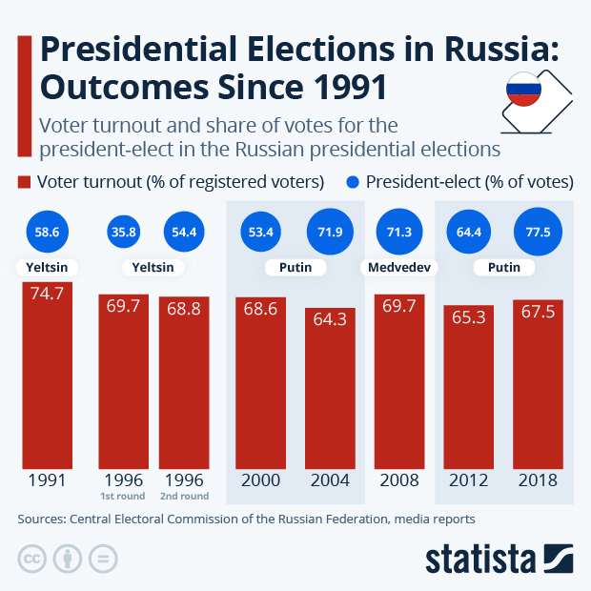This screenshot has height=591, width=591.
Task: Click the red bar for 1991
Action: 47,374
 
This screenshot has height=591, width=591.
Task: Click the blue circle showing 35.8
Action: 123,230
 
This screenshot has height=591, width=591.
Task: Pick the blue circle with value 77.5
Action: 538,230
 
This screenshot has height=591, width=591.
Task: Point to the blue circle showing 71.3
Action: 399,230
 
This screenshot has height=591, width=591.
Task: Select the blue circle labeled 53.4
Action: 259,230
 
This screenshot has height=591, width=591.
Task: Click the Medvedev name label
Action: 399,268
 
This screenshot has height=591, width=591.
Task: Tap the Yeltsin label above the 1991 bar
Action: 47,268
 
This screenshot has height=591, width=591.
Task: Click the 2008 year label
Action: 399,479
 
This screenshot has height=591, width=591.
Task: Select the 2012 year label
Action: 468,479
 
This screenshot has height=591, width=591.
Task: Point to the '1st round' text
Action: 123,496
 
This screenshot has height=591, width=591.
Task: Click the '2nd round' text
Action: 183,496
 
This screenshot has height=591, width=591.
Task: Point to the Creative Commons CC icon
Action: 32,559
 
